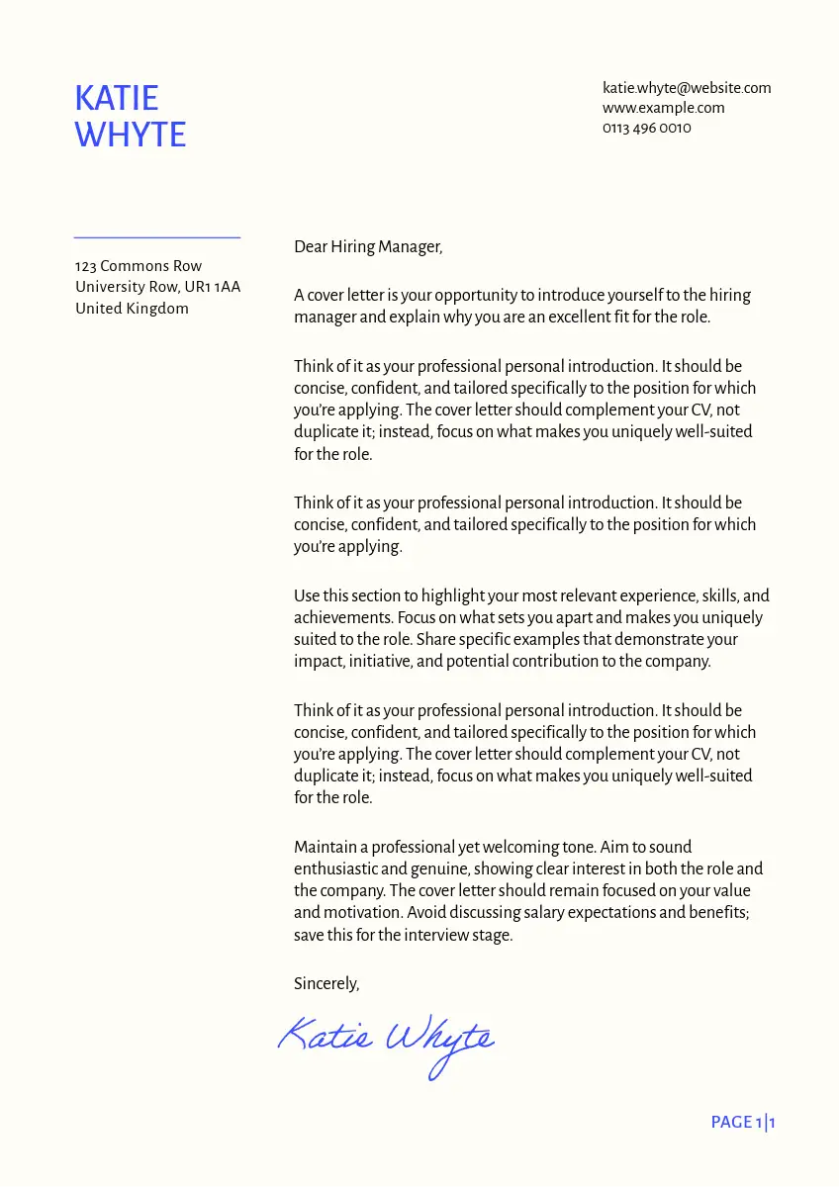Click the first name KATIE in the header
coord(117,98)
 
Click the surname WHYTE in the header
coord(131,135)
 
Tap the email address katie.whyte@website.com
coord(687,88)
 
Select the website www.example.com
coord(663,108)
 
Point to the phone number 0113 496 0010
coord(646,128)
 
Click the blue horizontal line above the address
coord(157,237)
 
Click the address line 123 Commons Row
coord(139,266)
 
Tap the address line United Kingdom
coord(132,309)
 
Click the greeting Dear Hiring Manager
coord(368,247)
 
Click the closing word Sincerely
coord(326,984)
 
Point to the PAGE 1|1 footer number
coord(743,1122)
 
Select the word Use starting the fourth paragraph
coord(307,596)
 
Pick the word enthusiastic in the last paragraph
coord(335,868)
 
